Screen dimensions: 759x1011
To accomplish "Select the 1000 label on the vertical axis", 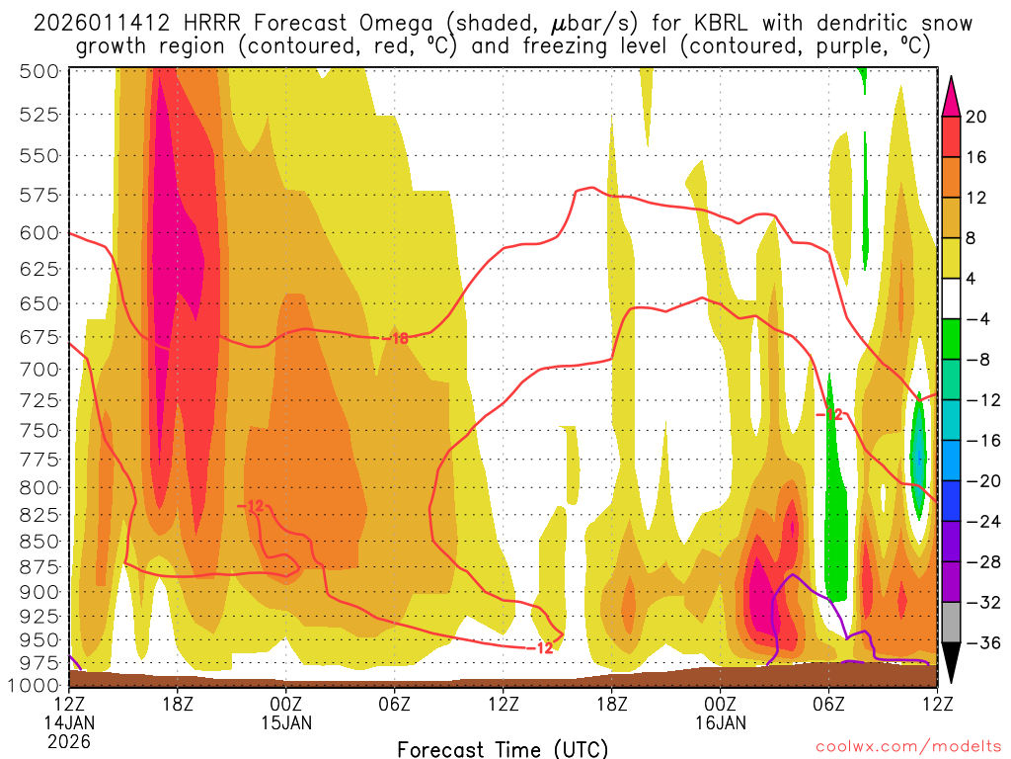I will [34, 685].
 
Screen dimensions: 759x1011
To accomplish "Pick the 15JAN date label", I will [285, 721].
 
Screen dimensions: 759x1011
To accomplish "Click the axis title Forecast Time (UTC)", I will [503, 748].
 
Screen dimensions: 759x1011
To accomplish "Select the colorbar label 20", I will [976, 116].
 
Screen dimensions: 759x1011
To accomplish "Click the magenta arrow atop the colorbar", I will [951, 95].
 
